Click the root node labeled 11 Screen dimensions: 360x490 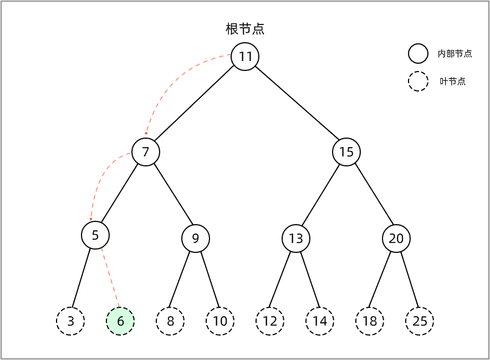245,57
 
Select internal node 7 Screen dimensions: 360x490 146,152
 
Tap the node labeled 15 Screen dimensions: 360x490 346,152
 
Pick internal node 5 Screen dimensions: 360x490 95,235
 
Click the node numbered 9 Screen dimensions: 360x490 196,239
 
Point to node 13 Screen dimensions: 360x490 296,239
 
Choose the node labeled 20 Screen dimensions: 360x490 396,239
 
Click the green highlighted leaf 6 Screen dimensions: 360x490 120,321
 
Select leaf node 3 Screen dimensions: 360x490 70,321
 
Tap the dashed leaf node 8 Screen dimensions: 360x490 170,321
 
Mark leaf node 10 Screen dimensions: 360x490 220,321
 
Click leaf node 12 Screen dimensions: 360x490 270,321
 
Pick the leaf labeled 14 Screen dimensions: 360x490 320,321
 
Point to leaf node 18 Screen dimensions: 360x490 370,321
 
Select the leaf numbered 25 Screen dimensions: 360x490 420,321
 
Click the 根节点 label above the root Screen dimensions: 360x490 245,29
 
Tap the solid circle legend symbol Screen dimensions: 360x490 418,54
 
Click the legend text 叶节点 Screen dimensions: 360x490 453,82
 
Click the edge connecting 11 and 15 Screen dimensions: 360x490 297,103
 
